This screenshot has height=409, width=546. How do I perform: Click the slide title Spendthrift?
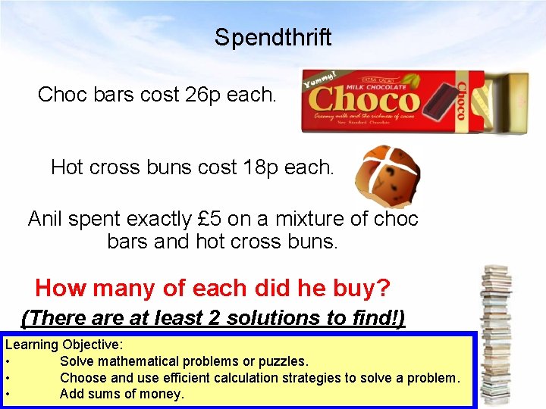(273, 37)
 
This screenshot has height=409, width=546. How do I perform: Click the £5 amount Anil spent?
(207, 220)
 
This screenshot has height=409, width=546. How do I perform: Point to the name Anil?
(45, 220)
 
